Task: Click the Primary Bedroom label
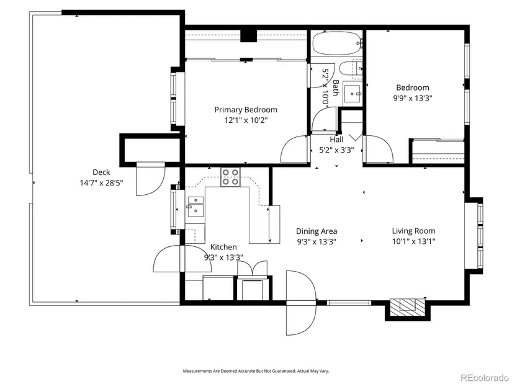(246, 110)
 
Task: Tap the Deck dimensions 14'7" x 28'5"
(101, 183)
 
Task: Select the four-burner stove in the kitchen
(230, 177)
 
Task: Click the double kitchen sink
(195, 207)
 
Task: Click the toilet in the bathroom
(351, 69)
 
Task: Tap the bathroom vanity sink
(352, 95)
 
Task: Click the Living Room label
(413, 231)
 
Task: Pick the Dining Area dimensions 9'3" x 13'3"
(317, 242)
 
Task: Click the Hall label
(336, 140)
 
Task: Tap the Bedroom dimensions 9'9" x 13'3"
(413, 98)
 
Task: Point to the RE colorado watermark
(484, 377)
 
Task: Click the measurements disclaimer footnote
(256, 371)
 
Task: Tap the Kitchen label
(223, 247)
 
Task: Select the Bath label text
(335, 88)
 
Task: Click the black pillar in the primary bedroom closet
(248, 36)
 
